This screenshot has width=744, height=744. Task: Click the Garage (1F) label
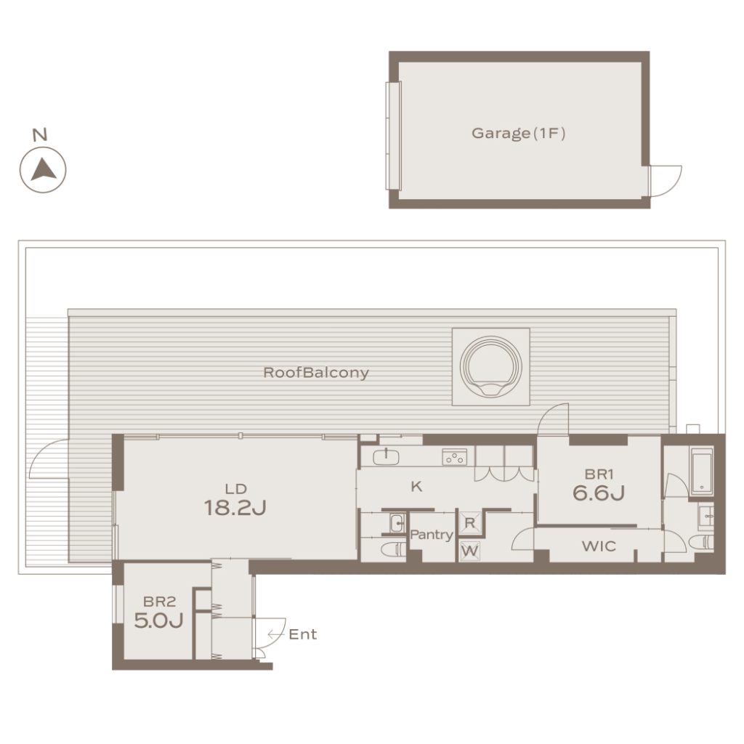tap(518, 134)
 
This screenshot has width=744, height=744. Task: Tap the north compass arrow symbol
tap(43, 170)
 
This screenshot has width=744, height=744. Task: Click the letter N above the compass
tap(41, 134)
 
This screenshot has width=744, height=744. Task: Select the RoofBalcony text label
tap(316, 373)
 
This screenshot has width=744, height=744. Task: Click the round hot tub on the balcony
tap(490, 367)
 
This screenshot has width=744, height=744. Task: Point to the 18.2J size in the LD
tap(235, 508)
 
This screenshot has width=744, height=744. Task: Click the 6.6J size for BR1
tap(599, 493)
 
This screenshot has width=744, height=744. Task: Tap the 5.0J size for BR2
tap(158, 620)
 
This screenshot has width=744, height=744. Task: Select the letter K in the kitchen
tap(416, 486)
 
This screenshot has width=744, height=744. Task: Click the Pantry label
tap(432, 535)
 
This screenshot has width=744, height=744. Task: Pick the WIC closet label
tap(599, 546)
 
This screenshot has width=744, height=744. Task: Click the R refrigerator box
tap(470, 523)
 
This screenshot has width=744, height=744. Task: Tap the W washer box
tap(470, 551)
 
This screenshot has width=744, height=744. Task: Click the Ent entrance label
tap(302, 634)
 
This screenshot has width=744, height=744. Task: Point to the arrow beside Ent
tap(276, 634)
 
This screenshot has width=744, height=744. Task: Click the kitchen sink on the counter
tap(386, 457)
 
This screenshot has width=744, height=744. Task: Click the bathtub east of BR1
tap(701, 472)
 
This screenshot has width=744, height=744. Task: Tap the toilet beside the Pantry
tap(393, 549)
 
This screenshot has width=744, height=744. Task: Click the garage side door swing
tap(666, 181)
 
